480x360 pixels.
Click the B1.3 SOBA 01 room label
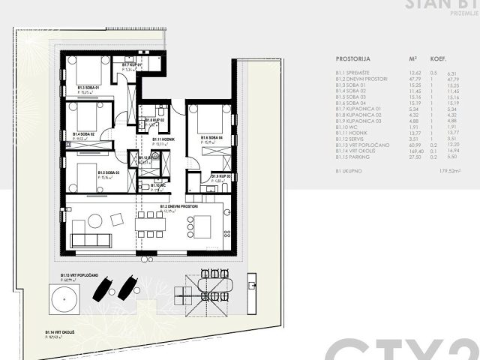tap(88, 88)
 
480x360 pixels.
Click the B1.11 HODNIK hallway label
tap(163, 139)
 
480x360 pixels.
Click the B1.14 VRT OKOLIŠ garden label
tap(57, 331)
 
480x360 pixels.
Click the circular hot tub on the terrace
tap(59, 303)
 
